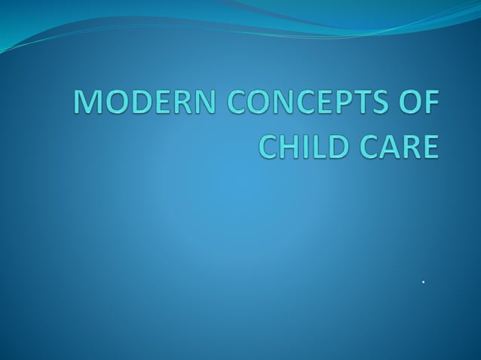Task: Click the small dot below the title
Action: pyautogui.click(x=424, y=282)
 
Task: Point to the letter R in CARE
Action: pyautogui.click(x=408, y=145)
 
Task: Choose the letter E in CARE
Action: pyautogui.click(x=427, y=145)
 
